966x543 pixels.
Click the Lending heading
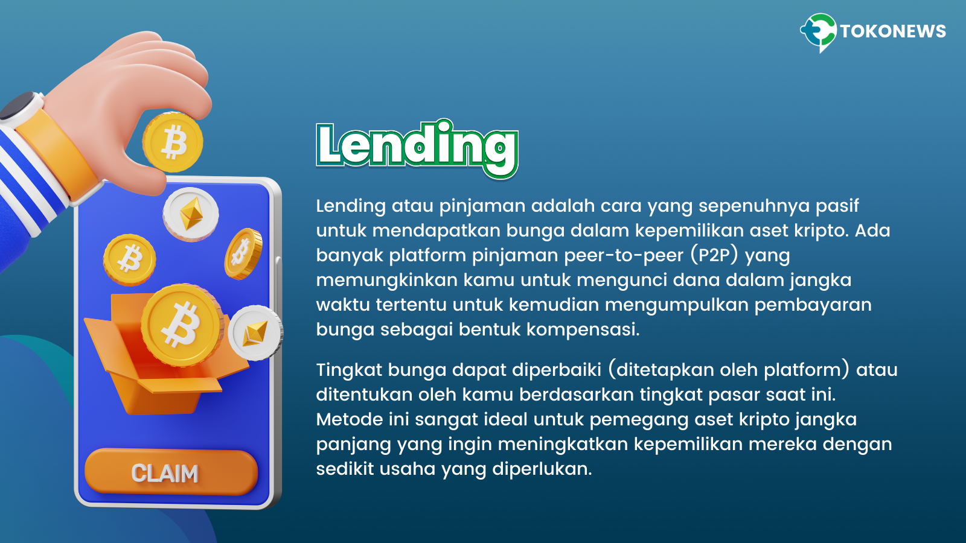point(417,148)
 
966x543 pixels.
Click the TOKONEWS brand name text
point(893,31)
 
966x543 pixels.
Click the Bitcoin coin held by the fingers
point(173,142)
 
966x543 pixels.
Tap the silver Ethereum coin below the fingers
point(191,214)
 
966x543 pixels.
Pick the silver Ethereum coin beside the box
point(255,332)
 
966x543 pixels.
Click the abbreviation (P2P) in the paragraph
point(714,255)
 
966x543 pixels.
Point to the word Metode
point(350,419)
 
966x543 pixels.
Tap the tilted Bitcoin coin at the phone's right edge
point(243,254)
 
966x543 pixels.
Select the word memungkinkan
point(386,281)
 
